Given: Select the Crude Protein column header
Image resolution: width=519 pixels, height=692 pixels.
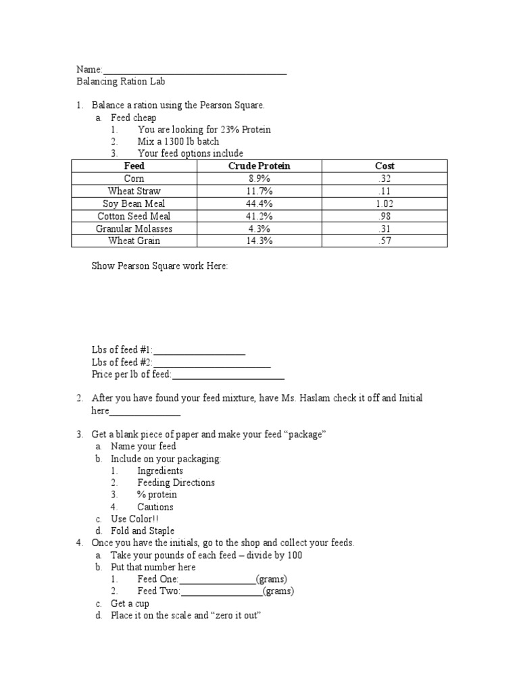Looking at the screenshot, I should [259, 166].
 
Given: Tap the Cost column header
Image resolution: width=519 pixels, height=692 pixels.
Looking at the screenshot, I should [385, 166].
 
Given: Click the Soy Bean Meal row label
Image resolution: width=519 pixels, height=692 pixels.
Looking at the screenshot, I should [134, 203].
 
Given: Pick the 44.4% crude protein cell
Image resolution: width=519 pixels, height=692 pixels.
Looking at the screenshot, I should [259, 203].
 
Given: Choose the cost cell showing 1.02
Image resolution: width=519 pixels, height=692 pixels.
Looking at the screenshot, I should [385, 203].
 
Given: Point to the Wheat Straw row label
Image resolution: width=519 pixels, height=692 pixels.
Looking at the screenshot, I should [134, 191].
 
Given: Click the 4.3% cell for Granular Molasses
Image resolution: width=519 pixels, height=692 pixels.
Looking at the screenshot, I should [259, 228].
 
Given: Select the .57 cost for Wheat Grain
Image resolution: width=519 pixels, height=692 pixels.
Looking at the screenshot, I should [385, 241].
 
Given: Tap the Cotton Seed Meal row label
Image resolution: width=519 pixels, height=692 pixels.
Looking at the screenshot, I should [134, 216].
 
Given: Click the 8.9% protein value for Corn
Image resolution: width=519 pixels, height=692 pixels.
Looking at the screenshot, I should [259, 178].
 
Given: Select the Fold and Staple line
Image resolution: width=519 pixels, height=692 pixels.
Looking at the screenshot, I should [143, 531].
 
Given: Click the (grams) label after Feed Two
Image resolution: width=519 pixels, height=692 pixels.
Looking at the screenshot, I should [278, 592].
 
